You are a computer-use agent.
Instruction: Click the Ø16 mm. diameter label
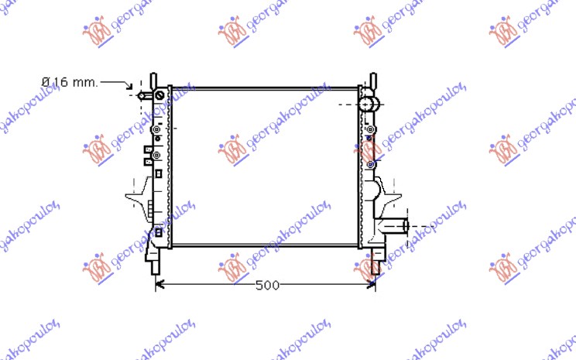click(x=70, y=81)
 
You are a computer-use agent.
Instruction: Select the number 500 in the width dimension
click(x=267, y=285)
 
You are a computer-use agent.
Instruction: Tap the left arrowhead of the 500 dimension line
click(x=160, y=285)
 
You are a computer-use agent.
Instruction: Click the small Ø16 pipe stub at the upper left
click(x=144, y=95)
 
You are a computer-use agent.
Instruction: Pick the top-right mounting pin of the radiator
click(x=372, y=81)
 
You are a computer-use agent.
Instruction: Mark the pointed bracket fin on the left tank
click(x=139, y=197)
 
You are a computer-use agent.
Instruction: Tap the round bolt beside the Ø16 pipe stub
click(x=159, y=95)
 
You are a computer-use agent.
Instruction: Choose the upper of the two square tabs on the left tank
click(x=147, y=152)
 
